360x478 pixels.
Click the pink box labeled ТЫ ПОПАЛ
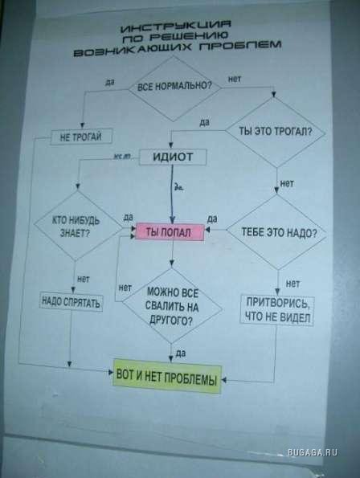(170, 232)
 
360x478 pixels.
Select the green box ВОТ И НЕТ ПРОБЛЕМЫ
(166, 377)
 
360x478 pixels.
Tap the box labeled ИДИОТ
(173, 157)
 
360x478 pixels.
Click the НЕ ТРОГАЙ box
(81, 137)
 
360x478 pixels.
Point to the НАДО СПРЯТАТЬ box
(71, 302)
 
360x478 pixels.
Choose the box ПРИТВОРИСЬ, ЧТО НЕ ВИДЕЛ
(277, 310)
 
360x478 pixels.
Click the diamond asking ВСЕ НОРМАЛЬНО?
(174, 88)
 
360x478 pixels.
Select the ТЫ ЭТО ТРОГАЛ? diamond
(275, 132)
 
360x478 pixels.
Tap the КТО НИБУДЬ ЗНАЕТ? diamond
(78, 226)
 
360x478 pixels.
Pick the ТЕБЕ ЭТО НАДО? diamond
(276, 232)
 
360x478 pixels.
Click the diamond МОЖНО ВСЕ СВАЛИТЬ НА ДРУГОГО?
(172, 306)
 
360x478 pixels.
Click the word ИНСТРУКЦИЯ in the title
(176, 27)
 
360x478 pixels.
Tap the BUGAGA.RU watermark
(313, 452)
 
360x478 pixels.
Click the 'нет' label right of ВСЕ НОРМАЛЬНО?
(235, 80)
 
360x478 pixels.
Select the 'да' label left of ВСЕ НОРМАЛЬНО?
(110, 82)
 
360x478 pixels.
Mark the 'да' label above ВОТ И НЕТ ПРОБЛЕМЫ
(181, 353)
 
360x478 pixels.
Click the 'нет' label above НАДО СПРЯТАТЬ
(84, 279)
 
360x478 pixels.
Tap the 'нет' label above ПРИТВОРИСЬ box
(292, 284)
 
